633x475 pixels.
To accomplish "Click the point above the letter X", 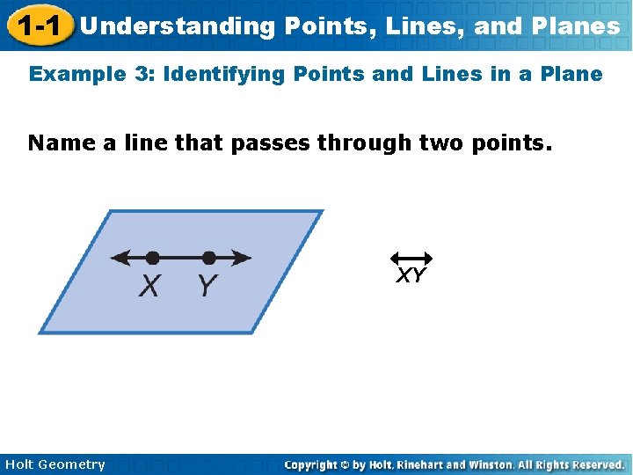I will pyautogui.click(x=152, y=258).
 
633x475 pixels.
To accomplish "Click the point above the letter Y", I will pyautogui.click(x=208, y=258).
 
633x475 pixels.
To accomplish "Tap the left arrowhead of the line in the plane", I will pyautogui.click(x=118, y=258).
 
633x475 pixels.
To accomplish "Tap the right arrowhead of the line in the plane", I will pyautogui.click(x=243, y=258).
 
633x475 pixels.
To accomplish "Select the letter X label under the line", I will pyautogui.click(x=150, y=286).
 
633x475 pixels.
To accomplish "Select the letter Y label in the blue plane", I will pyautogui.click(x=207, y=286).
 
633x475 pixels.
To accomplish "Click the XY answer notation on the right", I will pyautogui.click(x=411, y=276).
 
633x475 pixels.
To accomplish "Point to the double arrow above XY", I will pyautogui.click(x=411, y=259).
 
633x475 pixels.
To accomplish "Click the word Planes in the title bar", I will pyautogui.click(x=578, y=26).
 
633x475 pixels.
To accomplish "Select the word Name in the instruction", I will pyautogui.click(x=62, y=142).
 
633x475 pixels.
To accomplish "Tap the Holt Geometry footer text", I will pyautogui.click(x=55, y=464).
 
